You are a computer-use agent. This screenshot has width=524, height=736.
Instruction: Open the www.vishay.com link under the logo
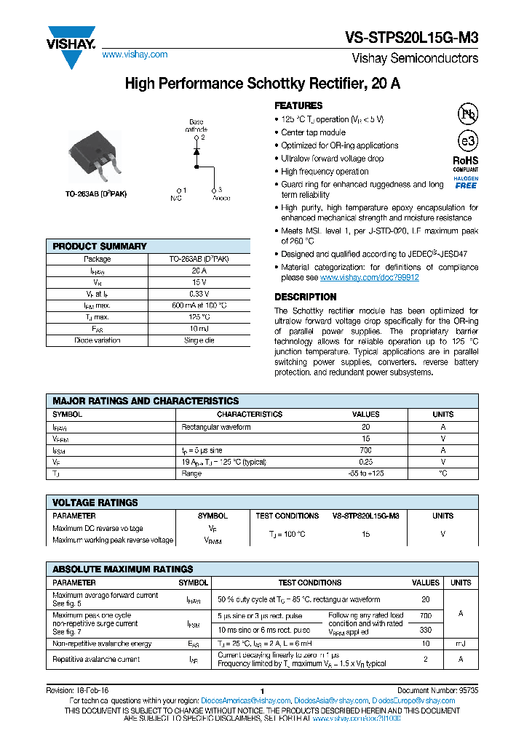[135, 55]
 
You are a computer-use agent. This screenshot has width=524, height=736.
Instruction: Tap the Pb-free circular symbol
[467, 114]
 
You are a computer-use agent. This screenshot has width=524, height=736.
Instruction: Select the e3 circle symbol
[467, 141]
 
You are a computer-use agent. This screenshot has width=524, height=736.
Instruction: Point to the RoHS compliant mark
[466, 162]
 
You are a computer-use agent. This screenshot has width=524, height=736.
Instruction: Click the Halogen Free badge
[466, 183]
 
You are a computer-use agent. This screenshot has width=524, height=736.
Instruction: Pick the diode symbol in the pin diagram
[196, 153]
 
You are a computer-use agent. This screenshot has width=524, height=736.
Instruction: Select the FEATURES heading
[298, 105]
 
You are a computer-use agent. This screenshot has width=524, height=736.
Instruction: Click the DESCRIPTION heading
[305, 297]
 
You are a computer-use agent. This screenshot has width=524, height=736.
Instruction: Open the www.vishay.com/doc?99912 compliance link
[369, 278]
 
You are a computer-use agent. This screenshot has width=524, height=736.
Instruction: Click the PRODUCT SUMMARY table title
[100, 247]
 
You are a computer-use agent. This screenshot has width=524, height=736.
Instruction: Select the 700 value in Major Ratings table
[365, 451]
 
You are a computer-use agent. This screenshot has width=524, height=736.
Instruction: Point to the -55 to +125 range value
[365, 473]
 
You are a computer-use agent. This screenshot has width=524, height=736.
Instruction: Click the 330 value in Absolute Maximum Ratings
[426, 630]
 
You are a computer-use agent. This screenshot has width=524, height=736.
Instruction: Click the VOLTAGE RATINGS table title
[95, 503]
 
